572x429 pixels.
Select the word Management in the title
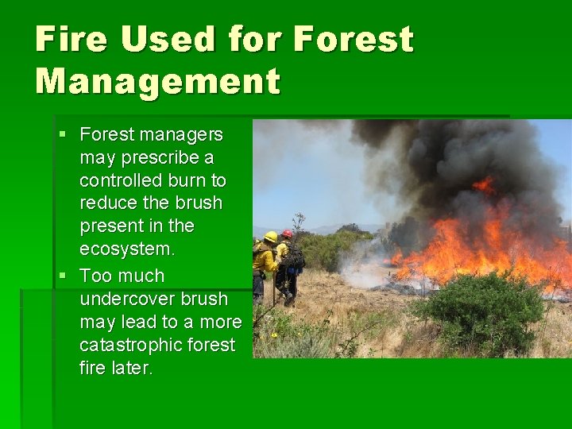pos(157,81)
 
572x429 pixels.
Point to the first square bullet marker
pos(63,135)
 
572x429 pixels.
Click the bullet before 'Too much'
pos(63,276)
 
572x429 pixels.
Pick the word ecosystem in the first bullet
pos(126,249)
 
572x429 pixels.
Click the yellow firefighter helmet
pos(271,237)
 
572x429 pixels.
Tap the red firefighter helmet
pos(287,234)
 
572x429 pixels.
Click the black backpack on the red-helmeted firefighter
pos(295,255)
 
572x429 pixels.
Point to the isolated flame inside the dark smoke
pos(483,185)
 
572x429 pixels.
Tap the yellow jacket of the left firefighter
pos(264,258)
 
